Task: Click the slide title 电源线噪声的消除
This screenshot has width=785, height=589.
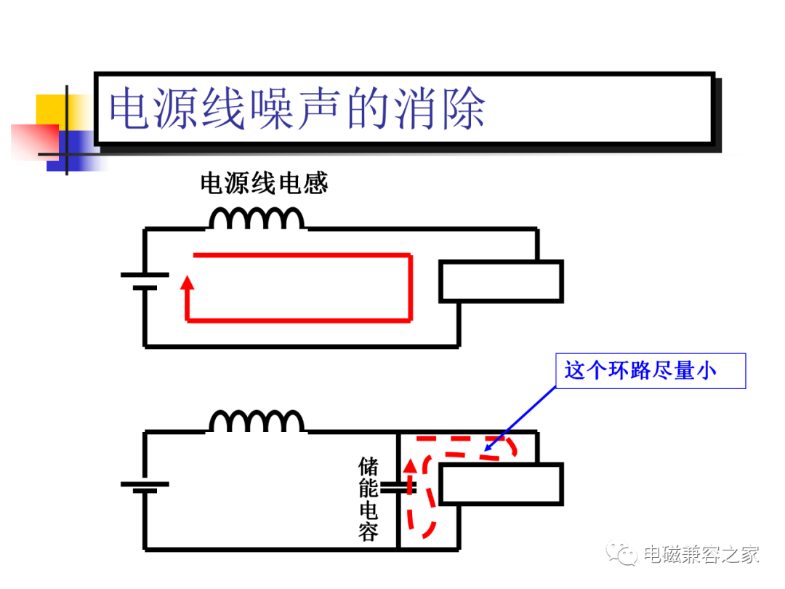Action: tap(297, 108)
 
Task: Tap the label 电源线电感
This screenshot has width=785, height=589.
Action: tap(264, 183)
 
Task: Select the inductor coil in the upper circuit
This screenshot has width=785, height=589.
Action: tap(257, 219)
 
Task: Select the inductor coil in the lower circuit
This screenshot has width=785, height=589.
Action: tap(257, 421)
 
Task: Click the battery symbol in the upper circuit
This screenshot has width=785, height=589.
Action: tap(145, 281)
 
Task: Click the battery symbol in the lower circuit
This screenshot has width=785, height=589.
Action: tap(145, 486)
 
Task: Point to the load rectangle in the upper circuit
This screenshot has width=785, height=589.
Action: tap(501, 281)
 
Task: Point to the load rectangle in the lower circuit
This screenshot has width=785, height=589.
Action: tap(501, 484)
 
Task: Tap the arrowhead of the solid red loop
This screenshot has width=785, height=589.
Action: tap(188, 282)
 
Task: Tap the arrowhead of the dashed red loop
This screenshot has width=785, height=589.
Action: tap(410, 466)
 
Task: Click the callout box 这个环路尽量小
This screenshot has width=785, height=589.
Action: tap(651, 371)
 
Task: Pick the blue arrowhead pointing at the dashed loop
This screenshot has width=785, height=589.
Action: tap(489, 446)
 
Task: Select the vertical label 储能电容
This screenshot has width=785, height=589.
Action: tap(369, 499)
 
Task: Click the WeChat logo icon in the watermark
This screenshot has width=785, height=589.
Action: tap(621, 553)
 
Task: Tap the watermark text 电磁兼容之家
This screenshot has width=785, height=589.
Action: tap(701, 554)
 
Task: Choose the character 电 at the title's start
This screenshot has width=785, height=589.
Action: tap(130, 108)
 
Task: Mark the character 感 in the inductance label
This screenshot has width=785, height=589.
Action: tap(316, 183)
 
